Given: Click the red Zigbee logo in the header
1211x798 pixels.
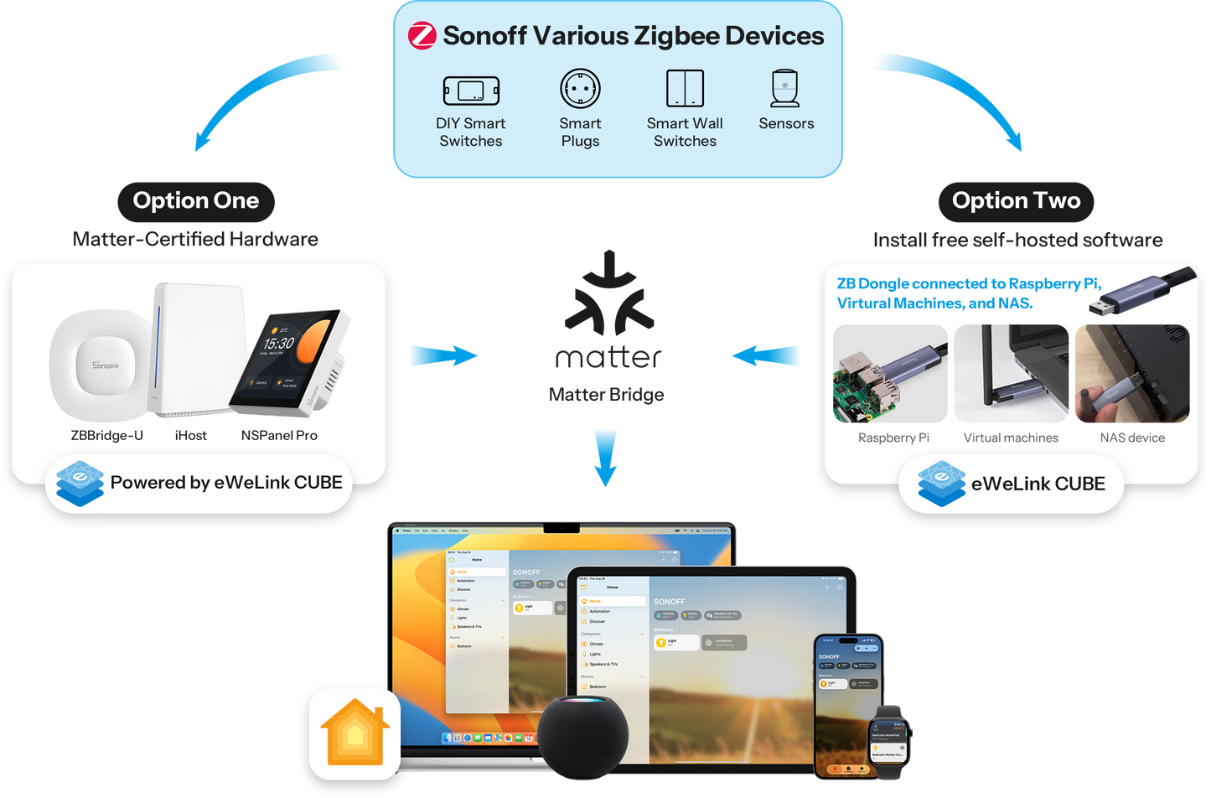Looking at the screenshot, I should [x=422, y=36].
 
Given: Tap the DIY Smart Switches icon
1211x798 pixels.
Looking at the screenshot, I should [x=471, y=91].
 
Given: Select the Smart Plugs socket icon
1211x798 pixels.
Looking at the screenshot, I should [x=580, y=88].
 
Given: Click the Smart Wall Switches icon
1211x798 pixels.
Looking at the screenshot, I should [x=685, y=88].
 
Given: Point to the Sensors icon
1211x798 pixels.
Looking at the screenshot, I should [x=785, y=88].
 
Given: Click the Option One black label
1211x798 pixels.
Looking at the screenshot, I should [x=196, y=201].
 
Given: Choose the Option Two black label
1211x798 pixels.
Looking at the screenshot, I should [x=1016, y=201].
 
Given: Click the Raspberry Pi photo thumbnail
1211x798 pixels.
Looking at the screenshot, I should [x=890, y=374].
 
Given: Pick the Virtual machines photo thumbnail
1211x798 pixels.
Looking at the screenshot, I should [x=1011, y=374].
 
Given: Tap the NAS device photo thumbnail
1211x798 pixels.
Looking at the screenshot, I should [x=1131, y=374].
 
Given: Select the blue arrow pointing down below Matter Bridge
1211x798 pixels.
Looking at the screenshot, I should [x=606, y=457].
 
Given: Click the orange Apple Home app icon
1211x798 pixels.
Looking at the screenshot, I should [x=355, y=733].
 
